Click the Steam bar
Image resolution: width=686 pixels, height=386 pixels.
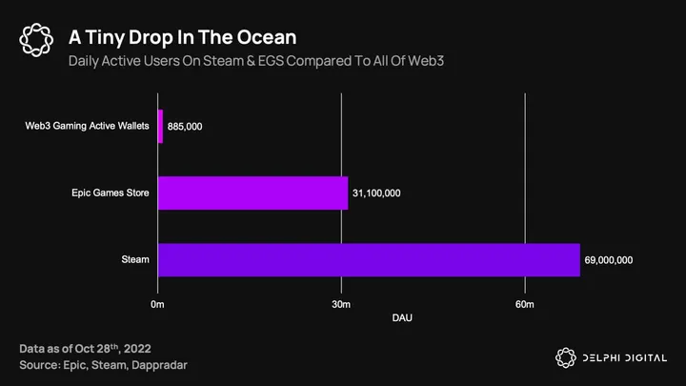[x=369, y=259]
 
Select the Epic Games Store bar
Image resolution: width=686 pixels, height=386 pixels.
[x=252, y=193]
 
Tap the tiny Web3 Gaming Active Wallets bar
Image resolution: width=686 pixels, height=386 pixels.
[x=160, y=127]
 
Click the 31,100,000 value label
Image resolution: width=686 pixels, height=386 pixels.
[x=376, y=193]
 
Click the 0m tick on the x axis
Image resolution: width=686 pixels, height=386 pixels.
[x=158, y=303]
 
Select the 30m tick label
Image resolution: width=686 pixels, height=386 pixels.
[x=341, y=303]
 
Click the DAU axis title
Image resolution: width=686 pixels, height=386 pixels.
[x=403, y=316]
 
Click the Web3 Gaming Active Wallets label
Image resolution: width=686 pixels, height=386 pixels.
[x=88, y=127]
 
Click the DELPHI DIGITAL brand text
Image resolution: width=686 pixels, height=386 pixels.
[x=622, y=357]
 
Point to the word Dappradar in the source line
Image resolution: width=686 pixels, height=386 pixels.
[x=172, y=365]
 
